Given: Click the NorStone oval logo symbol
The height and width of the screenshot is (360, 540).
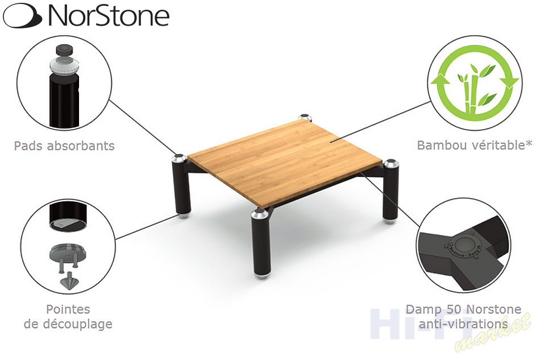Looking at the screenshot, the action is click(x=23, y=15).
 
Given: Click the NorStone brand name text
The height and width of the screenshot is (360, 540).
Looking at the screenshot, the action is click(x=109, y=15).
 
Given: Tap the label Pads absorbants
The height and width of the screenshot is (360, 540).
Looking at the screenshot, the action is click(x=64, y=146).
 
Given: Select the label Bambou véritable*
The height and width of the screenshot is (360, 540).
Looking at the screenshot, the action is click(x=475, y=146).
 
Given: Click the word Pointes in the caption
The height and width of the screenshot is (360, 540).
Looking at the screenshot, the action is click(x=68, y=309).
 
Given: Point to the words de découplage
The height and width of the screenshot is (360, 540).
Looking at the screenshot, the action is click(x=68, y=324).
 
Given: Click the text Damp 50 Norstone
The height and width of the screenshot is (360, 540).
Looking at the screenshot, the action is click(x=463, y=309).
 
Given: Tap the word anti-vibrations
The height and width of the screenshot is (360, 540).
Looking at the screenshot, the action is click(x=463, y=324).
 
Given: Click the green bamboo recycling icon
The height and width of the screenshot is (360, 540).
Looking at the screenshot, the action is click(x=475, y=82).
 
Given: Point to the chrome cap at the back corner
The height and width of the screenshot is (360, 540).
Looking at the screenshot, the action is click(x=305, y=118).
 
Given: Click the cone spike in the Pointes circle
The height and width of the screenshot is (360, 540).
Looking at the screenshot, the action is click(x=69, y=280).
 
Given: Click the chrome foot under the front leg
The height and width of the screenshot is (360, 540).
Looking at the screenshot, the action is click(x=261, y=276).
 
